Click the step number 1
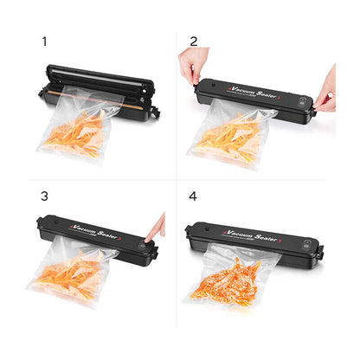coord(44,41)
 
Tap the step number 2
coord(194,41)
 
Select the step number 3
coord(44,196)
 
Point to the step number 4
coord(194,196)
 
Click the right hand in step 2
coord(325,86)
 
